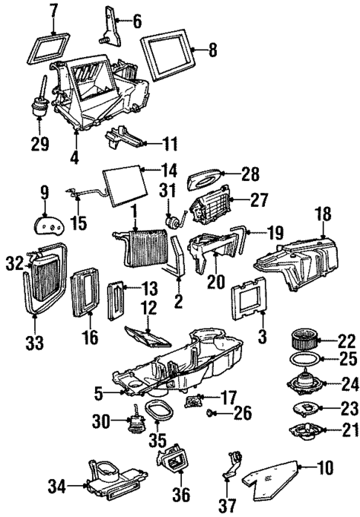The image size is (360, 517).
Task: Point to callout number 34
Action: pyautogui.click(x=55, y=487)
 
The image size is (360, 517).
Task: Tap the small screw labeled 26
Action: pyautogui.click(x=211, y=410)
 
